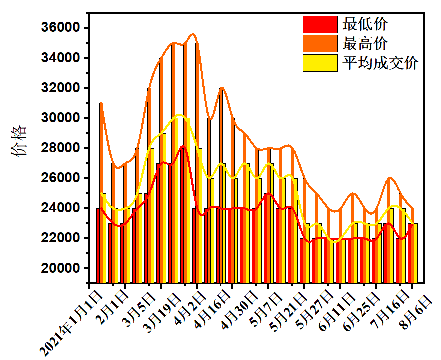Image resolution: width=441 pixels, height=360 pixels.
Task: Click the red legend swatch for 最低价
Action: click(x=320, y=24)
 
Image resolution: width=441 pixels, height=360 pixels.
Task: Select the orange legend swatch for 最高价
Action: click(x=320, y=43)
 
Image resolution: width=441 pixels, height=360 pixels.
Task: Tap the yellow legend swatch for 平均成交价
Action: click(x=320, y=63)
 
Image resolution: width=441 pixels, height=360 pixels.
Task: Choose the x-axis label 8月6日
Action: click(x=417, y=307)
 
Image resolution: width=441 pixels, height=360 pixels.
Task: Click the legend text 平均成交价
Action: click(x=380, y=63)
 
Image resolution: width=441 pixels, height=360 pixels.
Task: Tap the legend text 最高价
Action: click(x=365, y=43)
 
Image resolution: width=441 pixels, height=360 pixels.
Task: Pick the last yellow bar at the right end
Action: click(x=415, y=253)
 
